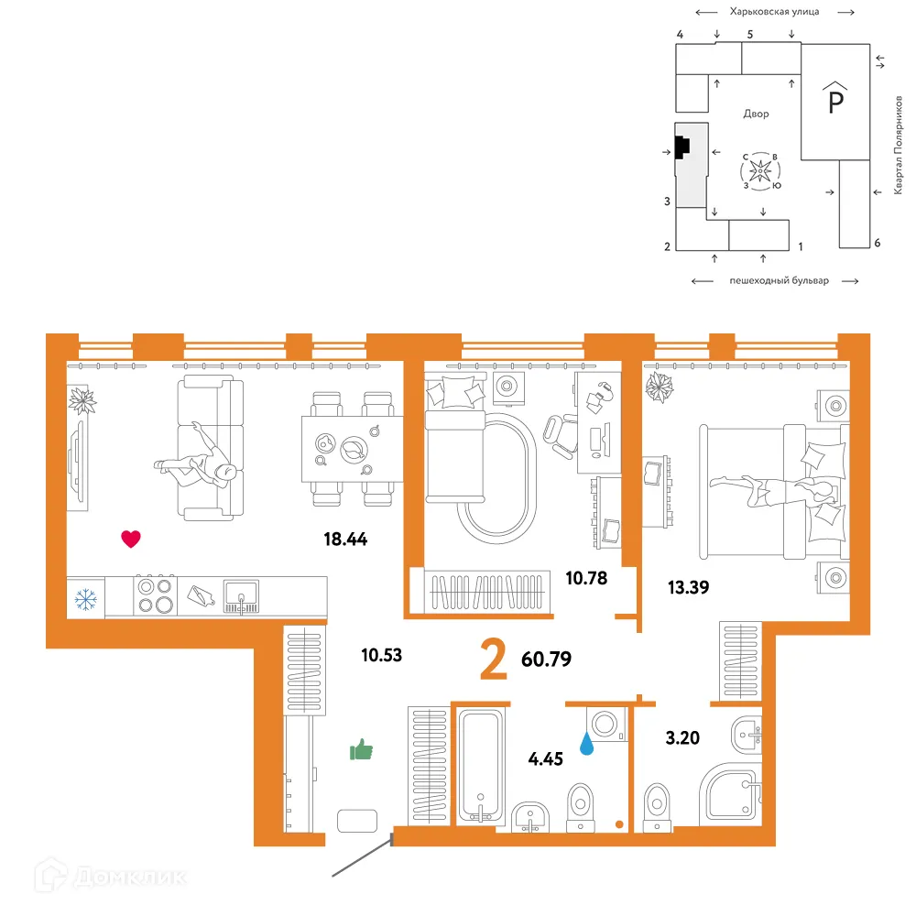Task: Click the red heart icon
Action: click(x=131, y=539)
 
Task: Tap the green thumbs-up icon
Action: click(x=361, y=749)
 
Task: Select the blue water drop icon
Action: click(x=586, y=743)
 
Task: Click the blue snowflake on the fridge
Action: click(x=86, y=599)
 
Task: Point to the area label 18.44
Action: click(x=345, y=539)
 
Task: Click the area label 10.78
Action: click(x=586, y=578)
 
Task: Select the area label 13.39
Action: click(x=688, y=587)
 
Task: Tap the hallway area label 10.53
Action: click(x=381, y=655)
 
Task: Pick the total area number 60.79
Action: click(x=546, y=659)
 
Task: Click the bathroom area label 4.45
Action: click(x=546, y=758)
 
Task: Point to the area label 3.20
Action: click(x=682, y=737)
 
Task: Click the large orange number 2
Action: click(x=494, y=659)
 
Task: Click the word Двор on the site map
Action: click(x=756, y=114)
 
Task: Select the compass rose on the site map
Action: click(x=760, y=171)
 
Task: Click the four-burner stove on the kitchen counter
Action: click(x=156, y=595)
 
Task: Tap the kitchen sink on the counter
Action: click(x=241, y=596)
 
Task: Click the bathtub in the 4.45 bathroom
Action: click(x=481, y=765)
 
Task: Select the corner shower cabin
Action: click(x=730, y=792)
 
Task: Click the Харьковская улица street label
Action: click(x=774, y=12)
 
